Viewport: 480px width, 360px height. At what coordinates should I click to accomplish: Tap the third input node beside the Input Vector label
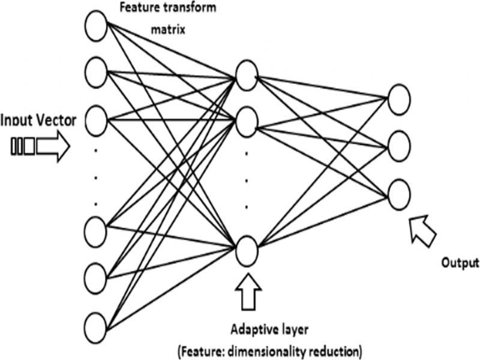click(95, 120)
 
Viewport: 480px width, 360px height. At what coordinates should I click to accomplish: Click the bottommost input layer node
click(95, 328)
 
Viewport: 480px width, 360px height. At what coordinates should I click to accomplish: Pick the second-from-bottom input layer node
click(95, 277)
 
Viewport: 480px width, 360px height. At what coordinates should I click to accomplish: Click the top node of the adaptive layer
click(246, 74)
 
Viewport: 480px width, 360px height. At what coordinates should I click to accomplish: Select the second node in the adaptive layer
click(246, 122)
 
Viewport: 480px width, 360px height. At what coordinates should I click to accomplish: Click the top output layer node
click(398, 100)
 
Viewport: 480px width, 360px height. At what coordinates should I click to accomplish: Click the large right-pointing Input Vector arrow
click(52, 148)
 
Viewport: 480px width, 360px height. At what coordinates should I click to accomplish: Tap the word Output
click(460, 263)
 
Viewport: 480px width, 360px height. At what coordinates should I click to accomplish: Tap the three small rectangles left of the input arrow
click(23, 148)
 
